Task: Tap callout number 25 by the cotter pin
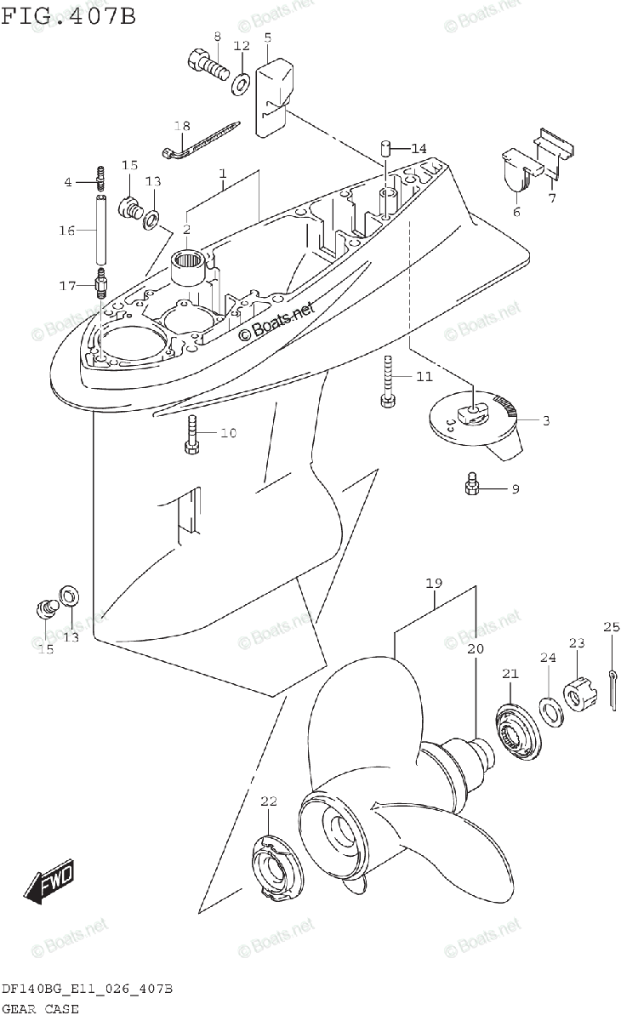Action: point(611,628)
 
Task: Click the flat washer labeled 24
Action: point(550,708)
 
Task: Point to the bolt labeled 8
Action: point(204,65)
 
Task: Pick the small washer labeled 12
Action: point(242,81)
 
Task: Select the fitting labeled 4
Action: point(102,179)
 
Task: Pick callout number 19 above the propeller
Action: point(434,584)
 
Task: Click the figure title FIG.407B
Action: point(68,15)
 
